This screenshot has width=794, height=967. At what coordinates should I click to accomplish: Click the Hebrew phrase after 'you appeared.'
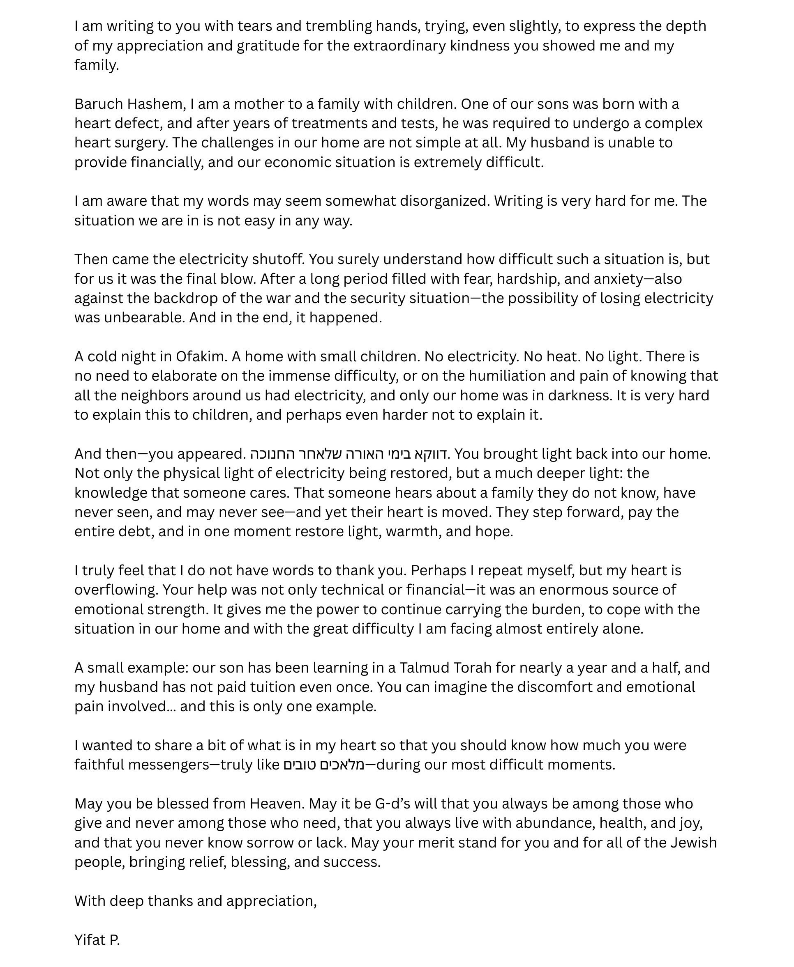[x=348, y=454]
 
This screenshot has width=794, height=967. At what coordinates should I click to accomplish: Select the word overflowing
[x=116, y=590]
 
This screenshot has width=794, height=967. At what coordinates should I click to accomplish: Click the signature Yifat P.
[x=97, y=940]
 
